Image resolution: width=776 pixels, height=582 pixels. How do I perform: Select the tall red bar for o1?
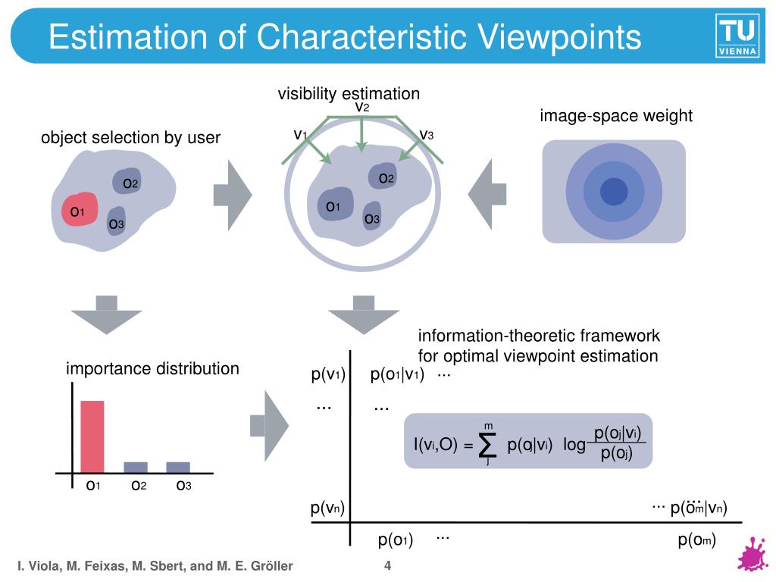92,436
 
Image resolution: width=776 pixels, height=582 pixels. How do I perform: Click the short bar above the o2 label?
136,467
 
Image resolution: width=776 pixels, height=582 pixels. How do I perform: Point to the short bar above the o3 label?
178,467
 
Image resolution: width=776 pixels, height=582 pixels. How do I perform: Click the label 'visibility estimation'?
348,94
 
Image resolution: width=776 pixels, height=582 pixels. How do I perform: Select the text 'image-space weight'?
616,116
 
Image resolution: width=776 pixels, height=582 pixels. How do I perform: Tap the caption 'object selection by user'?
130,138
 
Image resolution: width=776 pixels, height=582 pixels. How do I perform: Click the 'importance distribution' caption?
152,369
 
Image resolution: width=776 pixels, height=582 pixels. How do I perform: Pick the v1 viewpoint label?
300,135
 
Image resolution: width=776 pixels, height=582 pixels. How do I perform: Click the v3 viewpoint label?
427,135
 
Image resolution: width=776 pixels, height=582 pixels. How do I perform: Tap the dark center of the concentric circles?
613,191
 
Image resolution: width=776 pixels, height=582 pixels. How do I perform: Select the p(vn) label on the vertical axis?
328,508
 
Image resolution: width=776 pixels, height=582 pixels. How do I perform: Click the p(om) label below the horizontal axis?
696,540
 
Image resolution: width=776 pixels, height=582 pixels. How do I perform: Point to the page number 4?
387,565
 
